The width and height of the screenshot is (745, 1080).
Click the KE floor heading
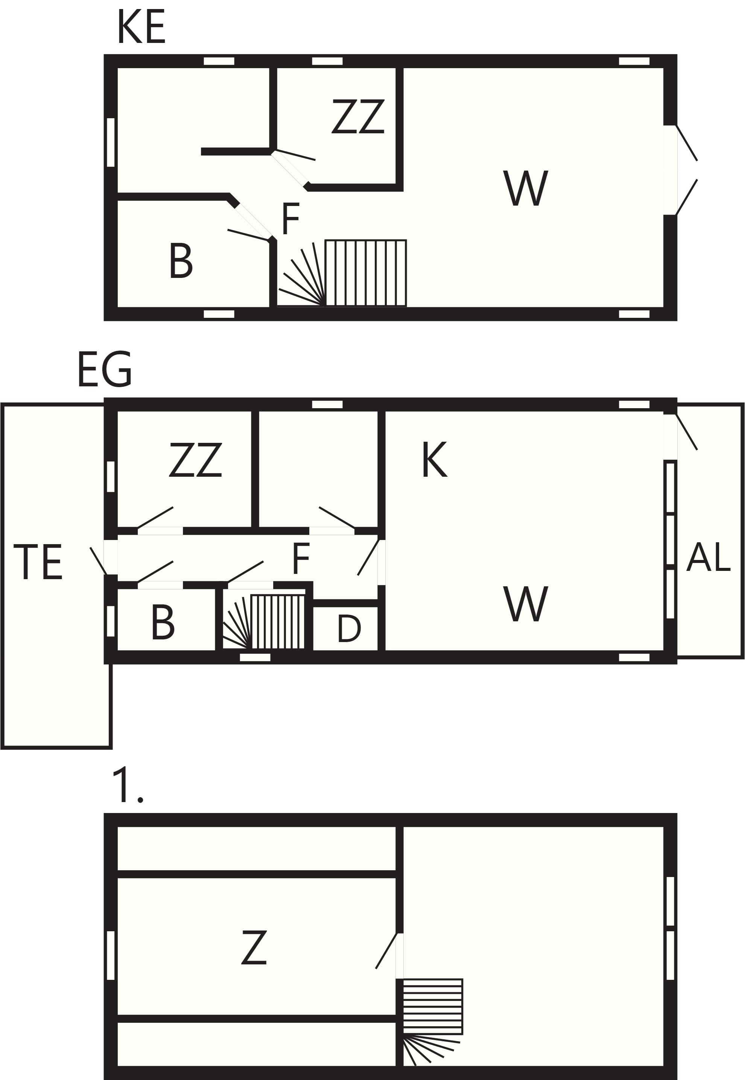(x=141, y=27)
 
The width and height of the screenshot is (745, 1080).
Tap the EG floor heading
(x=105, y=370)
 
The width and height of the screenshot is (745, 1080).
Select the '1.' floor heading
(x=128, y=786)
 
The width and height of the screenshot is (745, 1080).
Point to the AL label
(x=708, y=557)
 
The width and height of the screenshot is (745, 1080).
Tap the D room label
(x=349, y=628)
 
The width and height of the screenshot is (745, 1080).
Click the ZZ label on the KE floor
(x=358, y=116)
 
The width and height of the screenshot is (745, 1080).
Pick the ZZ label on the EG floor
(x=195, y=460)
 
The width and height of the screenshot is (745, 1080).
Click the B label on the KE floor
(x=181, y=262)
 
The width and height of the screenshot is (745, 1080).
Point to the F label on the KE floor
(x=290, y=219)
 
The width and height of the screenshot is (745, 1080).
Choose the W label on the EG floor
(x=526, y=604)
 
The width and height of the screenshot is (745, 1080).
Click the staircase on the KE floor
(x=342, y=273)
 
